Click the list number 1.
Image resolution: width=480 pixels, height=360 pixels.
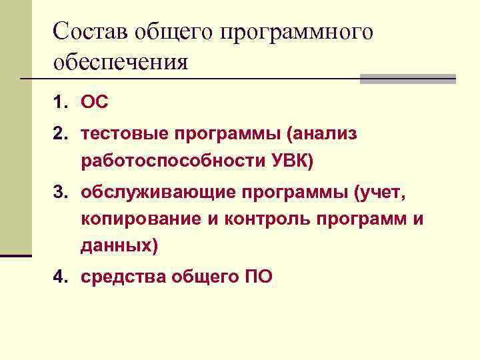coord(61,103)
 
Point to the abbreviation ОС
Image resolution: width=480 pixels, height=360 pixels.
coord(94,103)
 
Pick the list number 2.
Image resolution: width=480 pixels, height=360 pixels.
coord(61,134)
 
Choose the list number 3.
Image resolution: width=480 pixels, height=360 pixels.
coord(61,193)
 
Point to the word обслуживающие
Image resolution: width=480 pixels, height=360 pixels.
coord(146,193)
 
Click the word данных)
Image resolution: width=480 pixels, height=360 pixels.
coord(119,246)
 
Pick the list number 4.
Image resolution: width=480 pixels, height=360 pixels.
coord(61,277)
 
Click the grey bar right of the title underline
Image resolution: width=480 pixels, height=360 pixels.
coord(407,79)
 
